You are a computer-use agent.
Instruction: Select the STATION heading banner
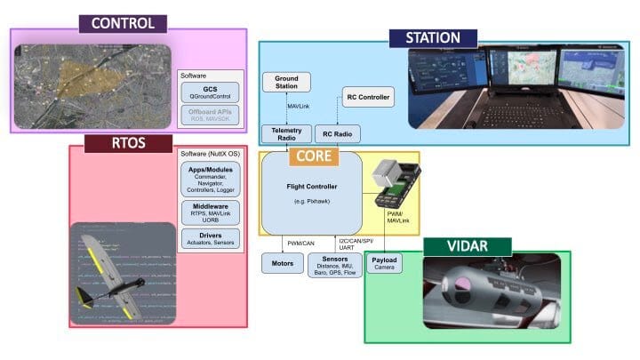click(x=433, y=37)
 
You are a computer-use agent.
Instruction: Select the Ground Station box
click(x=286, y=83)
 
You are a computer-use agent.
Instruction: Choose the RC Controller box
click(x=368, y=97)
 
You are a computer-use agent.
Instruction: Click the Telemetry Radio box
click(x=286, y=133)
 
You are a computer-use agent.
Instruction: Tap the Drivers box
click(x=210, y=239)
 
